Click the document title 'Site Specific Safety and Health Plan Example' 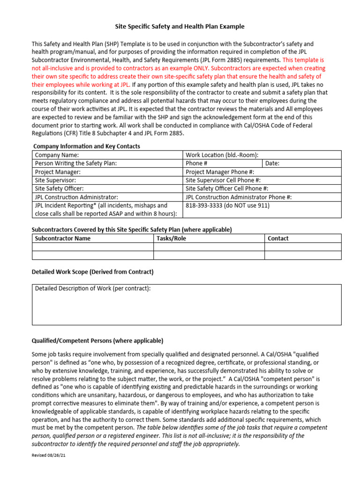tap(180, 27)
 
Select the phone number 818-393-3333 tap(227, 206)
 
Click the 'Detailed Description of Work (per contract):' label tap(93, 289)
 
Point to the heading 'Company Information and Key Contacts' tap(86, 146)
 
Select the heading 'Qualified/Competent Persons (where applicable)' tap(97, 341)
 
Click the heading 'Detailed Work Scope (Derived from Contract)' tap(92, 272)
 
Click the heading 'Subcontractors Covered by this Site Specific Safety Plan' tap(131, 230)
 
